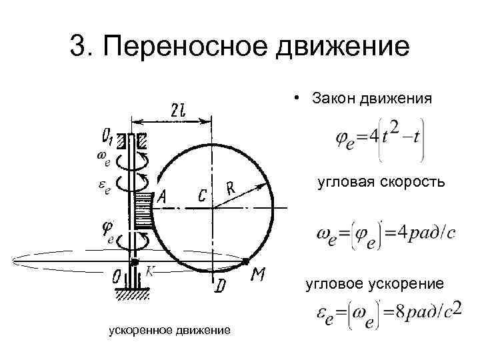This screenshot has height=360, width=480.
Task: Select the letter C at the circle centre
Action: [x=202, y=194]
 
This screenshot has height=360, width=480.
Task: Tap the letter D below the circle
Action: [x=219, y=287]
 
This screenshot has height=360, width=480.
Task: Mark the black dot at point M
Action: [x=247, y=260]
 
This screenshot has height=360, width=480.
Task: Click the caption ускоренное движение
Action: [x=169, y=330]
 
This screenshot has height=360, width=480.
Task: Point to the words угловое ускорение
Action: [x=374, y=285]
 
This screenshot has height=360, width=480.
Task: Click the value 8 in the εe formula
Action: [x=400, y=311]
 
